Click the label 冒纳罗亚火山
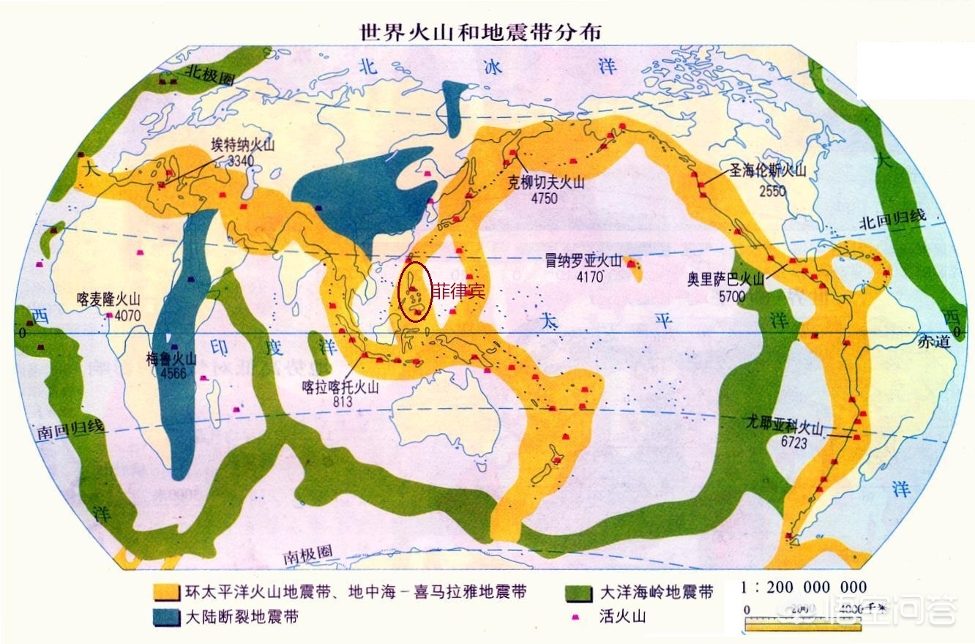pyautogui.click(x=583, y=261)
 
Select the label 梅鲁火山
pyautogui.click(x=171, y=359)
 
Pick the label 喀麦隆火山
pyautogui.click(x=108, y=299)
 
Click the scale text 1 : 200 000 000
pyautogui.click(x=804, y=588)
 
